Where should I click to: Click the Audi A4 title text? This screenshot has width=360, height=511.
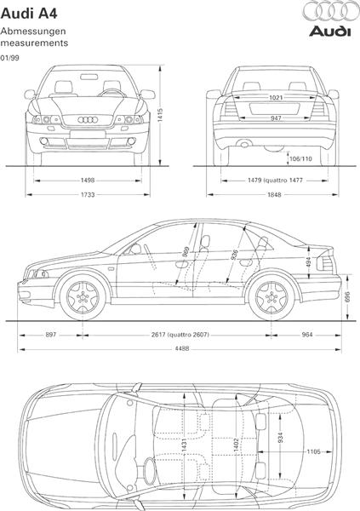(x=29, y=14)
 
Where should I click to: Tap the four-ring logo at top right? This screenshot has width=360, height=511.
(x=330, y=11)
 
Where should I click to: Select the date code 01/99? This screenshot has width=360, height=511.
(x=9, y=58)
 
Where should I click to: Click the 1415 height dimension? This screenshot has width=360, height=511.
(x=160, y=115)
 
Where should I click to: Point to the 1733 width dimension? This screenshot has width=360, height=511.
(x=88, y=194)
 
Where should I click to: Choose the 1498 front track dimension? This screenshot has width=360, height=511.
(x=88, y=181)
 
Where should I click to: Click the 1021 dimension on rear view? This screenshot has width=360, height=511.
(x=276, y=97)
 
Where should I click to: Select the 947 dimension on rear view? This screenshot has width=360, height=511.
(x=276, y=118)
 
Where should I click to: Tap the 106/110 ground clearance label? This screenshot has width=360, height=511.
(x=300, y=158)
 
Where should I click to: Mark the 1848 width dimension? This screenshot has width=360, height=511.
(x=274, y=194)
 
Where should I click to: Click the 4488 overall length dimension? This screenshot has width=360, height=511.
(x=182, y=348)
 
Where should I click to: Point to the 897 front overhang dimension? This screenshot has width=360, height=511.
(x=51, y=335)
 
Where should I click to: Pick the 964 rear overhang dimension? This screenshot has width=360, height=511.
(x=307, y=335)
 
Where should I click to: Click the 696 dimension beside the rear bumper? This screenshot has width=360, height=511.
(x=347, y=297)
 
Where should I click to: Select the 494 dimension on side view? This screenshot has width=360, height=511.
(x=309, y=262)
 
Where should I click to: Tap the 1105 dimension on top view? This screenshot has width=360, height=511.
(x=313, y=451)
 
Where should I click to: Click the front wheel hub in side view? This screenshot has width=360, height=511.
(x=83, y=297)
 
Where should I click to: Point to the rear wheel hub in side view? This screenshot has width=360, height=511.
(x=271, y=297)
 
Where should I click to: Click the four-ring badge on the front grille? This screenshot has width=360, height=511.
(x=88, y=119)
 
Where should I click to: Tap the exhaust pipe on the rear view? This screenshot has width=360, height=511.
(x=243, y=143)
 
